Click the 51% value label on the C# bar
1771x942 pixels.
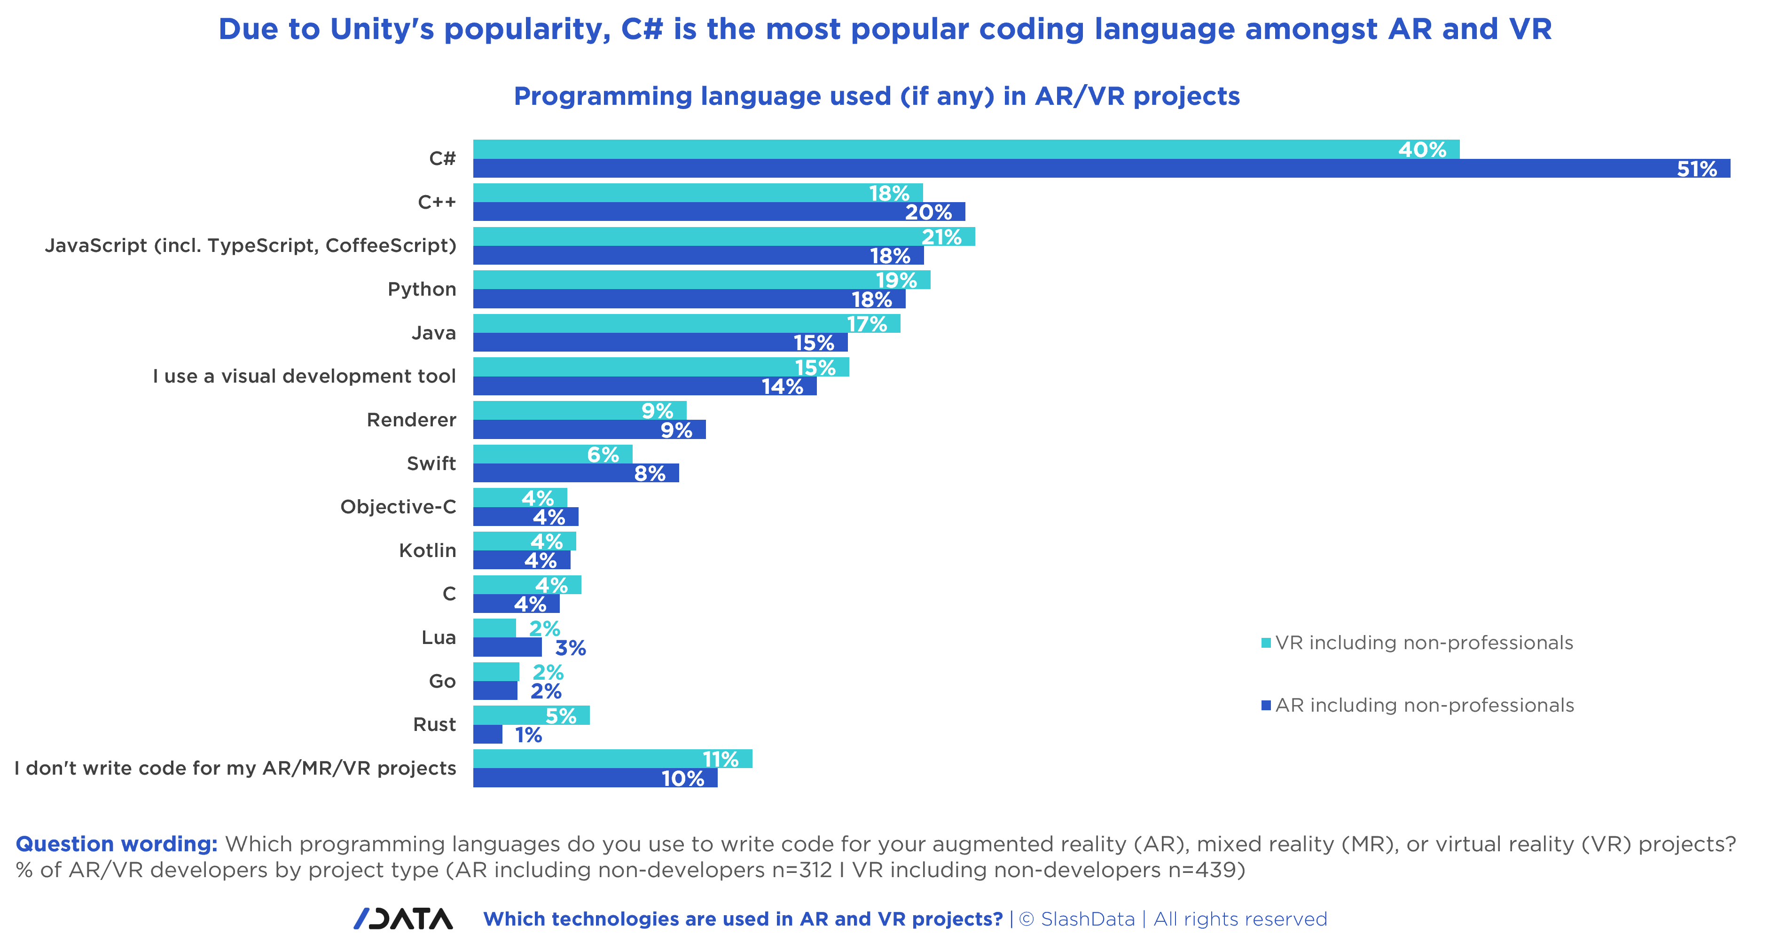click(1696, 169)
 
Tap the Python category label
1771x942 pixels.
click(422, 290)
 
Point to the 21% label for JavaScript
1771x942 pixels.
click(941, 237)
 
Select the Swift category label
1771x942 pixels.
click(431, 463)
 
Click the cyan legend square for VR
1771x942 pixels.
click(1266, 643)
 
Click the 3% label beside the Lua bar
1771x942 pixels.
click(570, 648)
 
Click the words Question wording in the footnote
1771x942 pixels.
click(116, 844)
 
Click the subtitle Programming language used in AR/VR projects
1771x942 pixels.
click(877, 96)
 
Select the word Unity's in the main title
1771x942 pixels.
click(382, 30)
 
